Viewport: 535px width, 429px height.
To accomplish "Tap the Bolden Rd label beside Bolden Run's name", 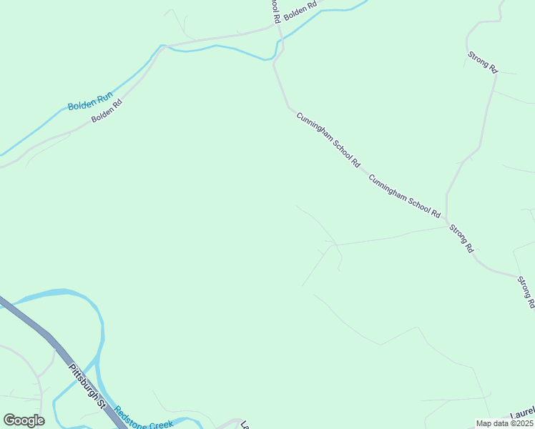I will [107, 109].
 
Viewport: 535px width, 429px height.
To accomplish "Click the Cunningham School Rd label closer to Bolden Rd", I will [328, 139].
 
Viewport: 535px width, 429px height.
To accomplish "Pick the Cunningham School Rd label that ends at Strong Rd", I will [404, 195].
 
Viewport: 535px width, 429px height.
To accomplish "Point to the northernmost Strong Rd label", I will [482, 61].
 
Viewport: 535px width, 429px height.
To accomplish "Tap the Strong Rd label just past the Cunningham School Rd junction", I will [461, 239].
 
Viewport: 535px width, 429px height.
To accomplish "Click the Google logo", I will [24, 420].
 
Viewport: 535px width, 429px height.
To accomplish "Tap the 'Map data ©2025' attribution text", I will [504, 423].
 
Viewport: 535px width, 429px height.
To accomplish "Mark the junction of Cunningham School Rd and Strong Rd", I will [446, 218].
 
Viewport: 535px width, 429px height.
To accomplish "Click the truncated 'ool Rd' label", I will [274, 10].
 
